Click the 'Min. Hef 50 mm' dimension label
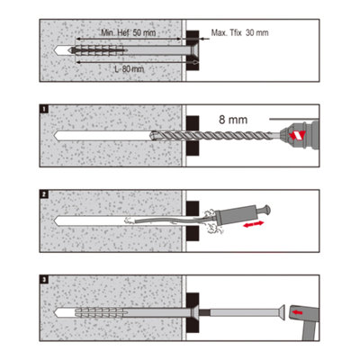pos(129,32)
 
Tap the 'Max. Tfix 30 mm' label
pos(239,32)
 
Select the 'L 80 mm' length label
pos(130,69)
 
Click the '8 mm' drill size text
pos(233,120)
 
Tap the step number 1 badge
pos(44,109)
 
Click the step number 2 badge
pos(44,194)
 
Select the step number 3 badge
pos(44,280)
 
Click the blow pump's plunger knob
pos(265,210)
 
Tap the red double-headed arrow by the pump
pos(254,224)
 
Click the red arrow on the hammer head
pos(297,312)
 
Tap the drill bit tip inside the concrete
pos(154,135)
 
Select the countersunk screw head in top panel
pos(193,50)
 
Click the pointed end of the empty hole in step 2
pos(55,220)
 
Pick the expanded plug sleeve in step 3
pos(99,312)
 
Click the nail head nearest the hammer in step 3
pos(282,312)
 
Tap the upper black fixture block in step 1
pos(193,123)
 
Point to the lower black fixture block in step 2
pos(193,234)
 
